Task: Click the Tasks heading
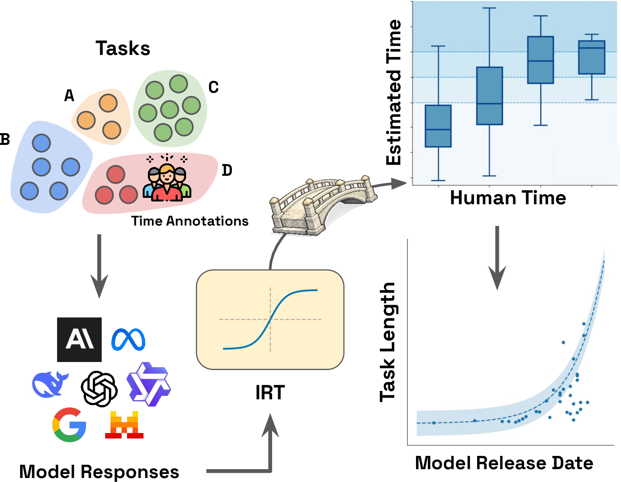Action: pyautogui.click(x=123, y=48)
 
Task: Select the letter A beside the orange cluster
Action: pyautogui.click(x=69, y=96)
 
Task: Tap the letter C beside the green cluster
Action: pyautogui.click(x=213, y=87)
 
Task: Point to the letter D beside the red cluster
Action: pyautogui.click(x=227, y=170)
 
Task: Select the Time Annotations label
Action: pyautogui.click(x=190, y=221)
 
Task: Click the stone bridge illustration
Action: pyautogui.click(x=323, y=205)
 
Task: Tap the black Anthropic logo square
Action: pyautogui.click(x=79, y=340)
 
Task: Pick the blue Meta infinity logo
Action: pyautogui.click(x=128, y=340)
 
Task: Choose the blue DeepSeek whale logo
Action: pyautogui.click(x=50, y=384)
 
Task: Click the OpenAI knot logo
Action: pyautogui.click(x=99, y=389)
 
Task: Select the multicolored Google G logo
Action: pyautogui.click(x=69, y=425)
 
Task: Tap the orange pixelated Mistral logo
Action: pyautogui.click(x=124, y=425)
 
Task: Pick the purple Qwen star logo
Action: pyautogui.click(x=149, y=384)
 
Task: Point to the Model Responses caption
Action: pyautogui.click(x=99, y=472)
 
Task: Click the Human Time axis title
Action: pyautogui.click(x=508, y=198)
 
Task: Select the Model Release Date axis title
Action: pyautogui.click(x=504, y=463)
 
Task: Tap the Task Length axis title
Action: pyautogui.click(x=387, y=342)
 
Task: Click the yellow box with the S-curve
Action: pyautogui.click(x=270, y=319)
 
